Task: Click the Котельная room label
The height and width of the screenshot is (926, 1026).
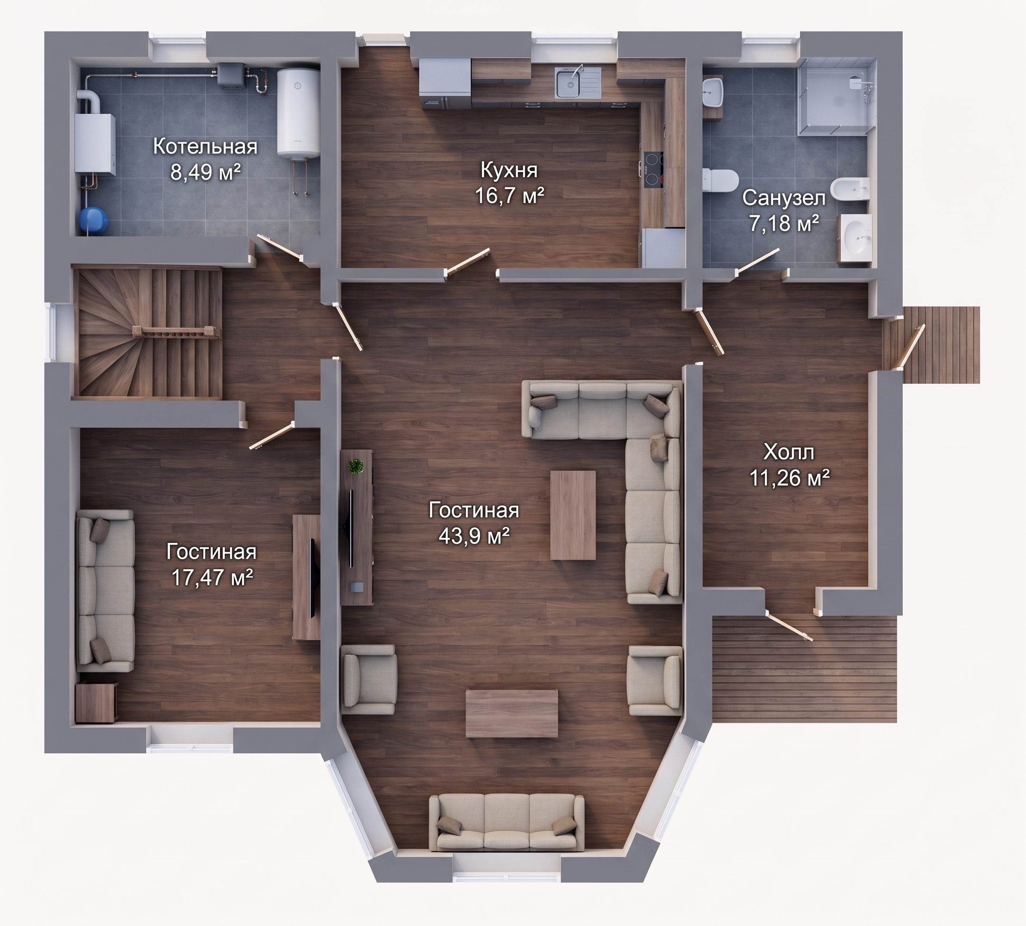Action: click(x=205, y=147)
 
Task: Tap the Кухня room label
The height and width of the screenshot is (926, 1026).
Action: click(x=509, y=170)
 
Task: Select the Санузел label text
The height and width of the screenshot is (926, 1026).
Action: click(x=784, y=198)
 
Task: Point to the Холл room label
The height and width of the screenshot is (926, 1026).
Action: click(x=789, y=451)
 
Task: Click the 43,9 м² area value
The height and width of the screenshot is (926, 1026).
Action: click(x=474, y=536)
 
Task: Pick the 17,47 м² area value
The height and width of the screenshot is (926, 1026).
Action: click(x=212, y=577)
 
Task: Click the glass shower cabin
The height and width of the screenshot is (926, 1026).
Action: click(x=837, y=97)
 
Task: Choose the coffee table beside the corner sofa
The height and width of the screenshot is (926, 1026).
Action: click(x=572, y=515)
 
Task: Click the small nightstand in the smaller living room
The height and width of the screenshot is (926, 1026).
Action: click(x=97, y=703)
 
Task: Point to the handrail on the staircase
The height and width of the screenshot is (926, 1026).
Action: click(x=177, y=331)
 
